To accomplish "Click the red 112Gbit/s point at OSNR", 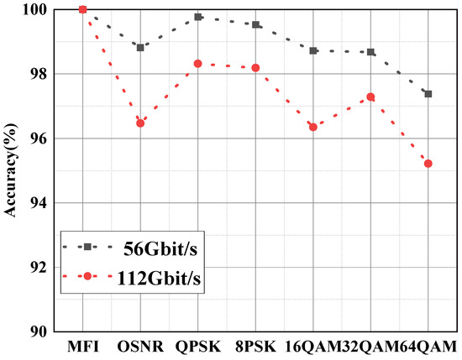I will (x=140, y=123).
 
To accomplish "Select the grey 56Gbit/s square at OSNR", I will (x=140, y=47).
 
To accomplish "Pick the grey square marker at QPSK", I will (x=198, y=17).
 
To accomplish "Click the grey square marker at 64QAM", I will (x=428, y=94).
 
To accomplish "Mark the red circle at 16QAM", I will (x=313, y=127).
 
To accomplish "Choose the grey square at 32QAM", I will (x=370, y=52).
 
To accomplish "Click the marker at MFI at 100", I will (x=82, y=9).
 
